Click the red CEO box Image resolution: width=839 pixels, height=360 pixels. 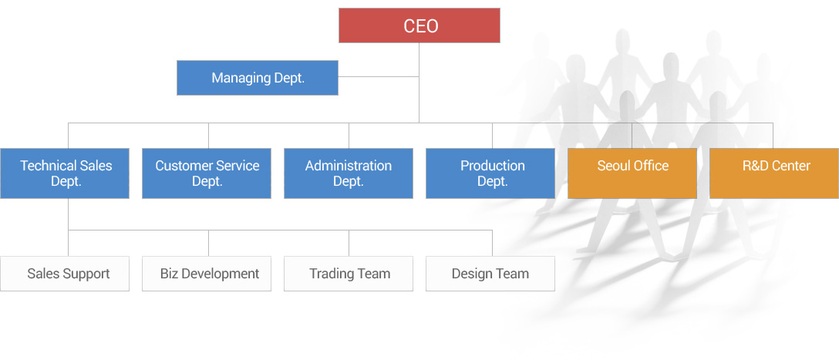(x=419, y=25)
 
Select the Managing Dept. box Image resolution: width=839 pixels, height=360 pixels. (x=258, y=78)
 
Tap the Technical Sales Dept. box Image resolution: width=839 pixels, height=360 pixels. (x=65, y=173)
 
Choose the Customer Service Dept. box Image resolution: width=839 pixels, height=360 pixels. (x=207, y=173)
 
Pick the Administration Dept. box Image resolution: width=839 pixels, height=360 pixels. (x=349, y=173)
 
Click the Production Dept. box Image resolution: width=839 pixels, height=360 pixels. (x=490, y=173)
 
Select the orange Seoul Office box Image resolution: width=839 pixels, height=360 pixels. (x=632, y=173)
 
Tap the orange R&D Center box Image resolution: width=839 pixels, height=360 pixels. (x=774, y=173)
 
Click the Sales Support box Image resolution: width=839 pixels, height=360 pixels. (x=65, y=274)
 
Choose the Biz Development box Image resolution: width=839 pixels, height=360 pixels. (x=207, y=274)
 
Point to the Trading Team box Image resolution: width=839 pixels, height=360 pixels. (x=349, y=274)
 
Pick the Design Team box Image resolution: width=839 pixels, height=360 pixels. (x=490, y=274)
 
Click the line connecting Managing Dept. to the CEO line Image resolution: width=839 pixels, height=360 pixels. (x=379, y=76)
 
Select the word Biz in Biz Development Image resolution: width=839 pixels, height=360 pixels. (x=168, y=274)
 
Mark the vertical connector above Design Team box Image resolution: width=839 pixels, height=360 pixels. (x=492, y=243)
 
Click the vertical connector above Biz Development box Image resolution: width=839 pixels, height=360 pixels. (x=209, y=243)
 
